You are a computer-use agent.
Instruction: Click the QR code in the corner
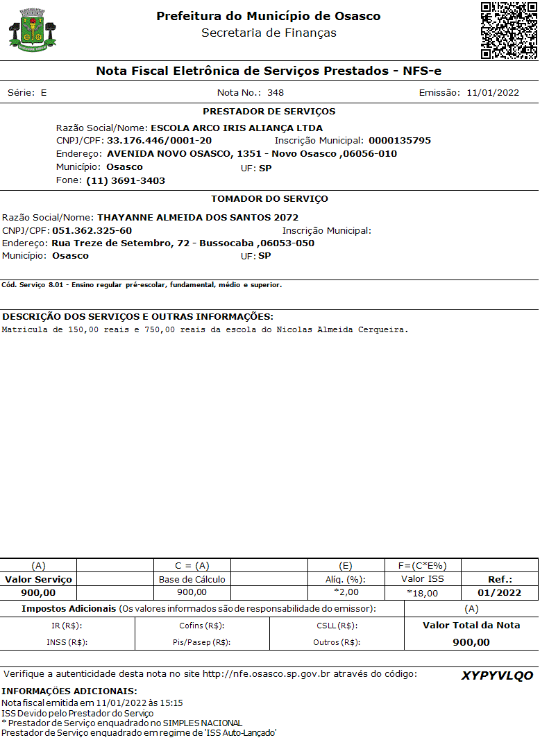coord(509,31)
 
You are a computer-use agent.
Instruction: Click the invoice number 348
coord(276,93)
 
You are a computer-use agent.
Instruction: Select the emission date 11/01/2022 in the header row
coord(493,93)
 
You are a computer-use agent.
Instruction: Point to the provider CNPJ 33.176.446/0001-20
coord(159,141)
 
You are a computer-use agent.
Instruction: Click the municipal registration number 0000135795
coord(400,141)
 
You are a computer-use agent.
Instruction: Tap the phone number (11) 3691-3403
coord(126,180)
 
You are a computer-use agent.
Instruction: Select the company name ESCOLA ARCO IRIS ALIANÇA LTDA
coord(237,128)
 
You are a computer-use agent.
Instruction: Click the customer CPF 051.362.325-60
coord(92,230)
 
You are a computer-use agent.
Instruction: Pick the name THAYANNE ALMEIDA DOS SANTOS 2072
coord(198,218)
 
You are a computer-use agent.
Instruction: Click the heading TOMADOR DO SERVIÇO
coord(269,199)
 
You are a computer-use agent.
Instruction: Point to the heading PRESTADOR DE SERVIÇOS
coord(269,112)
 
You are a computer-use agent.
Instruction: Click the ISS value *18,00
coord(423,594)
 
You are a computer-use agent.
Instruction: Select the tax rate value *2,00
coord(346,592)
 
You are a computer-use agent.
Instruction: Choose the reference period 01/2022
coord(499,593)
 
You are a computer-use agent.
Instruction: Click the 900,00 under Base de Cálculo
coord(192,592)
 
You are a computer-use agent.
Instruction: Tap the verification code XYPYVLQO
coord(497,676)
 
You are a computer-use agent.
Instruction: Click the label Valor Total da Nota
coord(471,626)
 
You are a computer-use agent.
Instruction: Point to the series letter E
coord(44,93)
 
